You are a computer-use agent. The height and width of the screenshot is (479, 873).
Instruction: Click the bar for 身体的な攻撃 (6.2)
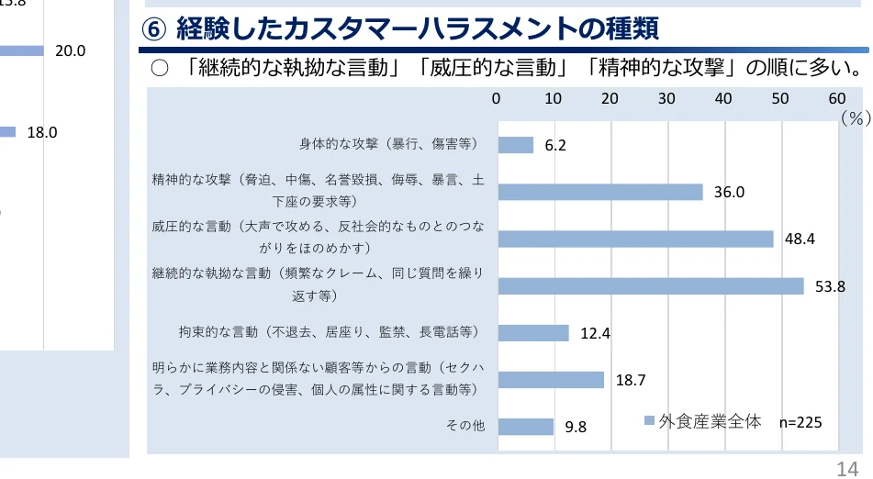tap(515, 145)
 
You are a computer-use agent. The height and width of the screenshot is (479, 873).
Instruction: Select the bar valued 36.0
tap(600, 192)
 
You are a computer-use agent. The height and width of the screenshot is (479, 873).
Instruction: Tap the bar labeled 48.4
tap(635, 239)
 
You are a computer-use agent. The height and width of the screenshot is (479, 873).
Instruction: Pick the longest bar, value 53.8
tap(651, 285)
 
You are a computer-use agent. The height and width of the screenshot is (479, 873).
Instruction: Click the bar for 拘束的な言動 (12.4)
tap(533, 332)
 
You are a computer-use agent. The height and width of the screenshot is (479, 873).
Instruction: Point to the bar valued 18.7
tap(551, 379)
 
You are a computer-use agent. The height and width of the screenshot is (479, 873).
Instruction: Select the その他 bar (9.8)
tap(525, 426)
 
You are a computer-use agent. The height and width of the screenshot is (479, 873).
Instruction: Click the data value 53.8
tap(830, 286)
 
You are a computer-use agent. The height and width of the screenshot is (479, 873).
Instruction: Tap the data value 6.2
tap(555, 146)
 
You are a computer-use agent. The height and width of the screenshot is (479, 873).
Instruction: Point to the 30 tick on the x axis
tap(666, 98)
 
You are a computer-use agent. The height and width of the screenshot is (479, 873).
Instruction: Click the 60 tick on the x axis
tap(836, 98)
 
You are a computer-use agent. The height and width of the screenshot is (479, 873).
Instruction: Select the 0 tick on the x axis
tap(497, 98)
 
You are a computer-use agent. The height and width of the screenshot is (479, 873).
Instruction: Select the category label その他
tap(464, 426)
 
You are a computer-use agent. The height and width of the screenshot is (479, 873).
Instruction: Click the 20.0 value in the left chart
tap(70, 51)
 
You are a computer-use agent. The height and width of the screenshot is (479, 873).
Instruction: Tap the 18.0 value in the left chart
tap(42, 132)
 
